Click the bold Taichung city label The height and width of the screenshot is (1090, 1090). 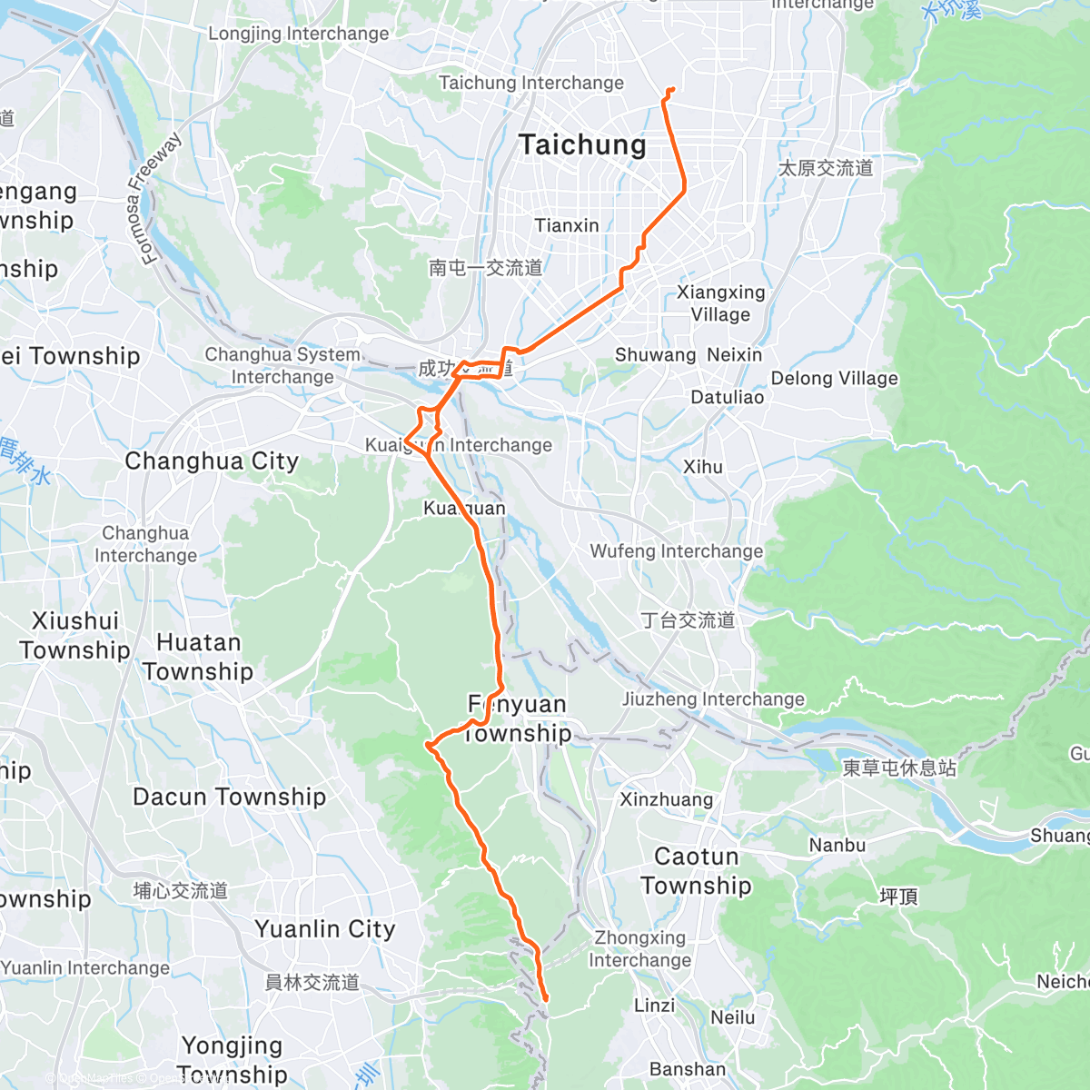(x=582, y=145)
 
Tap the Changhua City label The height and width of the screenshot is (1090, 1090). (x=212, y=461)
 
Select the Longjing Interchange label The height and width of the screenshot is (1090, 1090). (x=298, y=34)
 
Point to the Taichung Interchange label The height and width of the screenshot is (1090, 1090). (x=531, y=83)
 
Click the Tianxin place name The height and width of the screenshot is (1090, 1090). (x=567, y=225)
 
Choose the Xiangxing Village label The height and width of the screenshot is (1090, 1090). (x=720, y=303)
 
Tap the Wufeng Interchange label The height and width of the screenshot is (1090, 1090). (x=677, y=551)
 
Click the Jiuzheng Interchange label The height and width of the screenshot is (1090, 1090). (x=713, y=699)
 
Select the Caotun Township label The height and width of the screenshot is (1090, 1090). (x=696, y=871)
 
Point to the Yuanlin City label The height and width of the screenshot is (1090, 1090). (x=325, y=929)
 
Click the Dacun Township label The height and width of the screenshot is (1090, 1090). (x=229, y=797)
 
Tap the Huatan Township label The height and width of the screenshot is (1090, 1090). (x=198, y=657)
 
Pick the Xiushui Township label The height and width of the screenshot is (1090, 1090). (x=75, y=635)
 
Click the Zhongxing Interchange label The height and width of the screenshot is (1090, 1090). (x=639, y=948)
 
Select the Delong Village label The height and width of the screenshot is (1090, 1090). (x=834, y=379)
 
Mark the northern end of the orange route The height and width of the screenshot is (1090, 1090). (x=672, y=88)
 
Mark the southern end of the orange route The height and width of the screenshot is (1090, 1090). (x=546, y=1000)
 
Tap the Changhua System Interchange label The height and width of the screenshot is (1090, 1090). (x=282, y=365)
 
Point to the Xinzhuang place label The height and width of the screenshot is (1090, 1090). (x=666, y=799)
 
